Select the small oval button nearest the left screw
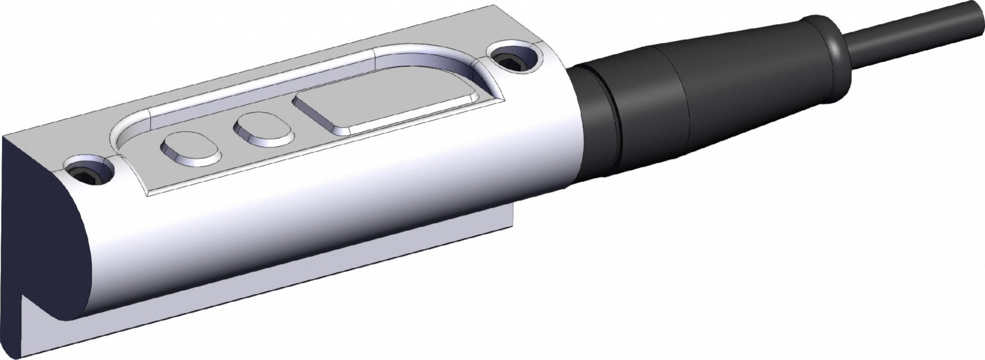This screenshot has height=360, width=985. [189, 147]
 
